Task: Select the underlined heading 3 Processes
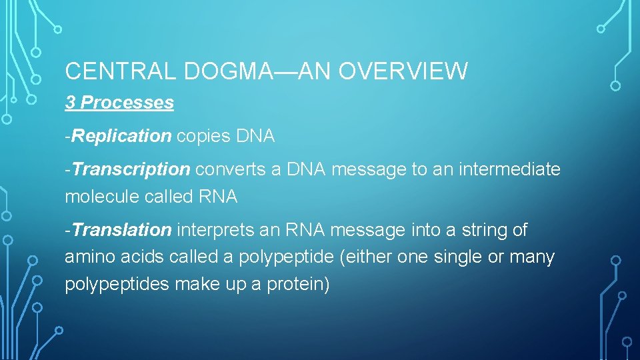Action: [x=119, y=103]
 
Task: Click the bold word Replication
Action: [x=122, y=136]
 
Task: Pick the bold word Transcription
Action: [x=131, y=169]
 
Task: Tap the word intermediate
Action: [x=508, y=169]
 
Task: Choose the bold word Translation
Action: [x=123, y=230]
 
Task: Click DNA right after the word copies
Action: [x=255, y=136]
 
